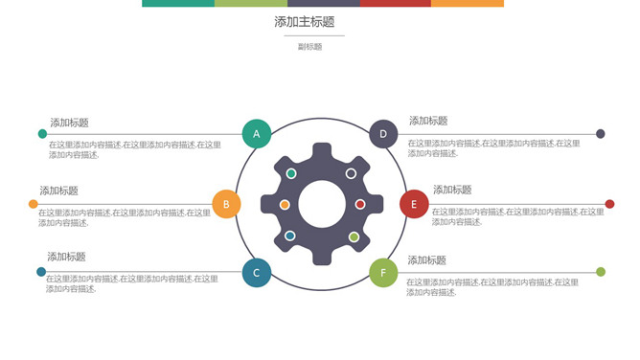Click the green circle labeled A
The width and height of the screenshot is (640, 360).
(256, 134)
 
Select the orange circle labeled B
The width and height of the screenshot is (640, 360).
(225, 204)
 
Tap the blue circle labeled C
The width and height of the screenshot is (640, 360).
(256, 273)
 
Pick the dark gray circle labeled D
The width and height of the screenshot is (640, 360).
(383, 134)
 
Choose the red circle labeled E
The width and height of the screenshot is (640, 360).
(414, 204)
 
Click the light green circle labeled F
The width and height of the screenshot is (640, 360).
(383, 273)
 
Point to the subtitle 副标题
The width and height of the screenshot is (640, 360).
(309, 46)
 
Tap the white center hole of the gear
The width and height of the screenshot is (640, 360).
(322, 204)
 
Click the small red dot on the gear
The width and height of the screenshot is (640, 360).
(360, 204)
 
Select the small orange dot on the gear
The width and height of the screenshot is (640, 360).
(285, 205)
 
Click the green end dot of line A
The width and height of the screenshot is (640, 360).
(42, 134)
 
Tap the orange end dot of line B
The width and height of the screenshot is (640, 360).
(34, 204)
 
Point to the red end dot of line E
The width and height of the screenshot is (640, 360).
(609, 204)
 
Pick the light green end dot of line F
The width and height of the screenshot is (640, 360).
(601, 273)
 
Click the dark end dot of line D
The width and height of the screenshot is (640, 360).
(601, 134)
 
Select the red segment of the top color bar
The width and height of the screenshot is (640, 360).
(395, 3)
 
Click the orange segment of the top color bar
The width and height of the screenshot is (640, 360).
(468, 3)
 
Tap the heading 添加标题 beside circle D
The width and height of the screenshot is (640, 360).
(428, 121)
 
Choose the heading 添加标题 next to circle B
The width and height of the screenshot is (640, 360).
(58, 191)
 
